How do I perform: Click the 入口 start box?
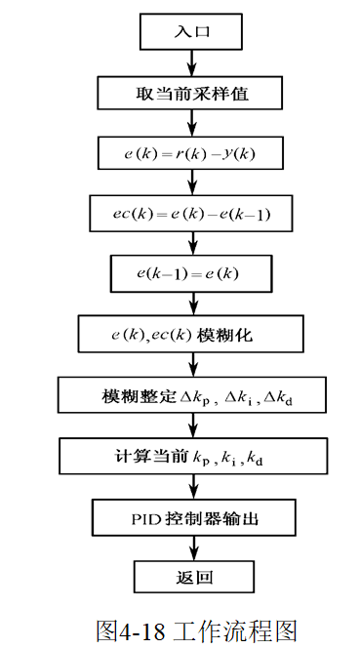pos(190,31)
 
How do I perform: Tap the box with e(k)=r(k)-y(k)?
pos(191,153)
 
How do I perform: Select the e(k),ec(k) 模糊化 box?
pos(190,336)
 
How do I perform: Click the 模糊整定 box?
pos(191,397)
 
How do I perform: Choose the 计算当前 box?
pos(191,457)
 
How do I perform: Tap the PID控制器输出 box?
pos(191,517)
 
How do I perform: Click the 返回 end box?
pos(192,578)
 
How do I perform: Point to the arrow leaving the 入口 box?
pos(191,61)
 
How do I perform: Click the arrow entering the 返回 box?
pos(191,548)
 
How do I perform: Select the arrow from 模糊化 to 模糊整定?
pos(191,366)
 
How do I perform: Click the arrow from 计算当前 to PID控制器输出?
pos(191,487)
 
